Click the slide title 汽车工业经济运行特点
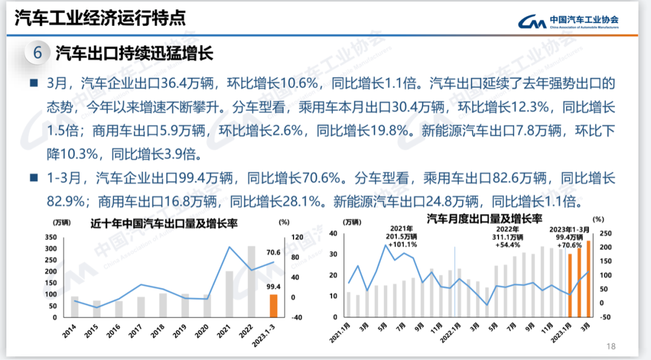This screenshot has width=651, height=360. click(99, 17)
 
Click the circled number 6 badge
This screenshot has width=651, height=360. click(37, 53)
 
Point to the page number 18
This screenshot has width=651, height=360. click(611, 346)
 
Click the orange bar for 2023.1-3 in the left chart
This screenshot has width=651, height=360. click(273, 306)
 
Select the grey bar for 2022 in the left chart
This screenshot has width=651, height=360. click(251, 281)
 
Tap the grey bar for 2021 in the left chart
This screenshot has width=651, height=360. click(229, 294)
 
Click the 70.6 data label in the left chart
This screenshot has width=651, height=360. click(274, 253)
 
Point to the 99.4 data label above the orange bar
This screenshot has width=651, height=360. click(274, 286)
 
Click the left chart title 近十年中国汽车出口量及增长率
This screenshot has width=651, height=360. click(164, 223)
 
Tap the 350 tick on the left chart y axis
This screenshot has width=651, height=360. click(51, 237)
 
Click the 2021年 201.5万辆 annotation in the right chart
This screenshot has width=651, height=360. click(401, 237)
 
